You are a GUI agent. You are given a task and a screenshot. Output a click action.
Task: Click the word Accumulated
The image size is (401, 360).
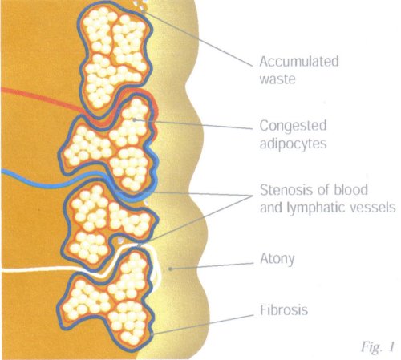[299, 62]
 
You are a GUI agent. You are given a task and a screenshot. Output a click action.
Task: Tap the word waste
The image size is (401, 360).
[277, 79]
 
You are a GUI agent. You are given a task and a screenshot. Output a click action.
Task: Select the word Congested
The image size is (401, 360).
[294, 126]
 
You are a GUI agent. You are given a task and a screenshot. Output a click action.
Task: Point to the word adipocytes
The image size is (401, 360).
[294, 144]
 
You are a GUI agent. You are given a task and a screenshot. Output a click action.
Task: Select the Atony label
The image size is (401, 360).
[277, 259]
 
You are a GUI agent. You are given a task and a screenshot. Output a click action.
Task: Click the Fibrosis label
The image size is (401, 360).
[284, 310]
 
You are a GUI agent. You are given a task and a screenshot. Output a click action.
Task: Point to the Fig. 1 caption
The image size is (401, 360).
[378, 347]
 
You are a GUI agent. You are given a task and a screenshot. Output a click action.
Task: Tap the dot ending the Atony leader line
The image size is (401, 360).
[170, 269]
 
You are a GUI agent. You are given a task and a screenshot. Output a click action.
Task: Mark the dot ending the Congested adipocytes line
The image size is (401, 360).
[135, 119]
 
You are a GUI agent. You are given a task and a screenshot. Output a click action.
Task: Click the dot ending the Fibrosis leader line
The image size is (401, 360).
[152, 334]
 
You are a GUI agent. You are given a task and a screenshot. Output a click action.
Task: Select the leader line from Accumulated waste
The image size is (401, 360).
[198, 38]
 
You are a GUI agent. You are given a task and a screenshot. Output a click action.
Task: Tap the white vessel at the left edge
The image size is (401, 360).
[40, 269]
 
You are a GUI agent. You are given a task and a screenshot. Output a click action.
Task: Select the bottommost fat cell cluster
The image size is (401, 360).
[107, 299]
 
